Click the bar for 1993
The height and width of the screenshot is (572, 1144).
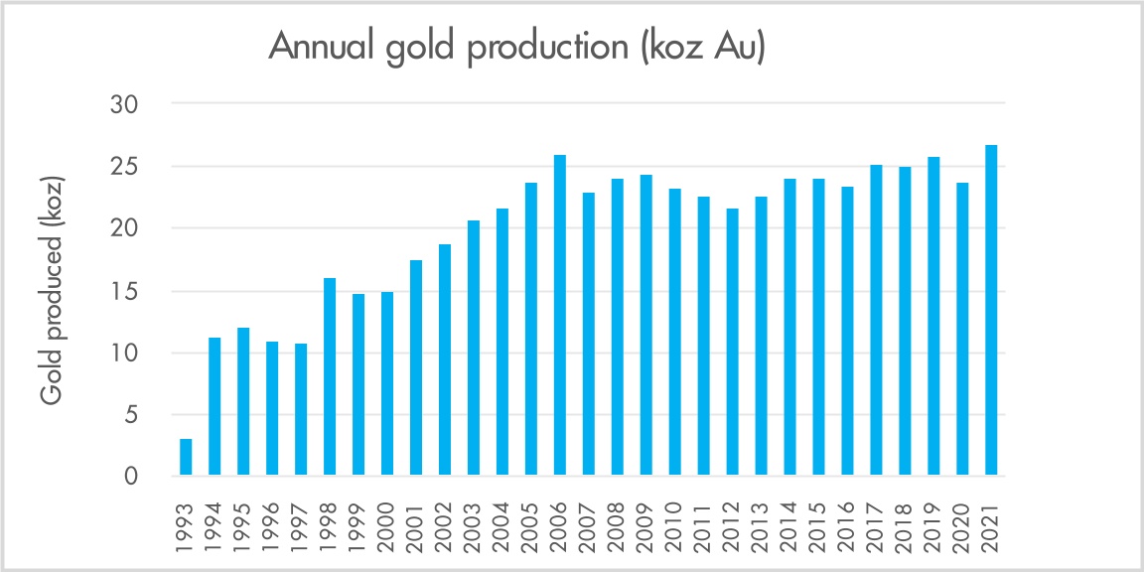pos(186,458)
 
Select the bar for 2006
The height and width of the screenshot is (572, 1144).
pos(560,315)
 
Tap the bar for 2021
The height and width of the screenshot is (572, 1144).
pos(991,311)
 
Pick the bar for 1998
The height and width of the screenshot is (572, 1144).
pos(330,377)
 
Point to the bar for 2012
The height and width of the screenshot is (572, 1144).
pos(733,343)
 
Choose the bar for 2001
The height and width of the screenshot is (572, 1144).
pos(416,368)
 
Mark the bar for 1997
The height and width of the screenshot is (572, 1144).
pos(301,410)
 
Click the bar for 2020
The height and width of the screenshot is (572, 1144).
pos(962,329)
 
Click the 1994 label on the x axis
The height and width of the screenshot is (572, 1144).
pos(215,522)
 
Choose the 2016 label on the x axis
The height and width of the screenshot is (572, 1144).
pos(848,522)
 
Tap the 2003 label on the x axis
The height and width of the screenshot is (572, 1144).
pos(475,522)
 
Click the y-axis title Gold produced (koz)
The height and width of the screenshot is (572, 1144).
pos(54,290)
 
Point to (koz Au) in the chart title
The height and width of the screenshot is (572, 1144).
pos(703,50)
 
